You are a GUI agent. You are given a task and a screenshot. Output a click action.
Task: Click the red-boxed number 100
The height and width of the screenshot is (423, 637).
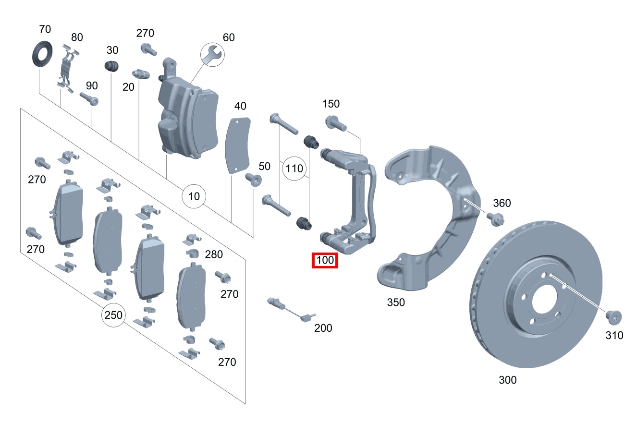325,261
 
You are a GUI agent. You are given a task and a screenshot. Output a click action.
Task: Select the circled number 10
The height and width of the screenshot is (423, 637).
194,196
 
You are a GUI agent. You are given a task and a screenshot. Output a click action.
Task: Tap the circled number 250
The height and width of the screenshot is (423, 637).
113,315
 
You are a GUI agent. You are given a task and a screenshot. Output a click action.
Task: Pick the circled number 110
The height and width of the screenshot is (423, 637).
294,169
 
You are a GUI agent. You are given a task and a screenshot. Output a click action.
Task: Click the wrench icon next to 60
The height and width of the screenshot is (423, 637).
211,53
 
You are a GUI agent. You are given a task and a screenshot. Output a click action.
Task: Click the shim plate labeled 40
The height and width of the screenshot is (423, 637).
238,144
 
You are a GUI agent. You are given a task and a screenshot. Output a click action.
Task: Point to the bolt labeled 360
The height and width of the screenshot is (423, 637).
495,218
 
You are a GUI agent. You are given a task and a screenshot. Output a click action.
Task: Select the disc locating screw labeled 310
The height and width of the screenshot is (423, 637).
613,316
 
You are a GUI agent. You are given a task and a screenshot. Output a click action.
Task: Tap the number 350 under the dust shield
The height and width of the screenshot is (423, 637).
396,302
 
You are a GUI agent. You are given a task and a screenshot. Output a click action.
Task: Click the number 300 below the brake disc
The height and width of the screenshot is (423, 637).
507,380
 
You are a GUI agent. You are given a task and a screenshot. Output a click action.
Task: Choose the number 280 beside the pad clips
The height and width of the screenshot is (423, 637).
214,254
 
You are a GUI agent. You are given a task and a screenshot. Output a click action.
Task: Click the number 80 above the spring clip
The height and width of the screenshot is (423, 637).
77,37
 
